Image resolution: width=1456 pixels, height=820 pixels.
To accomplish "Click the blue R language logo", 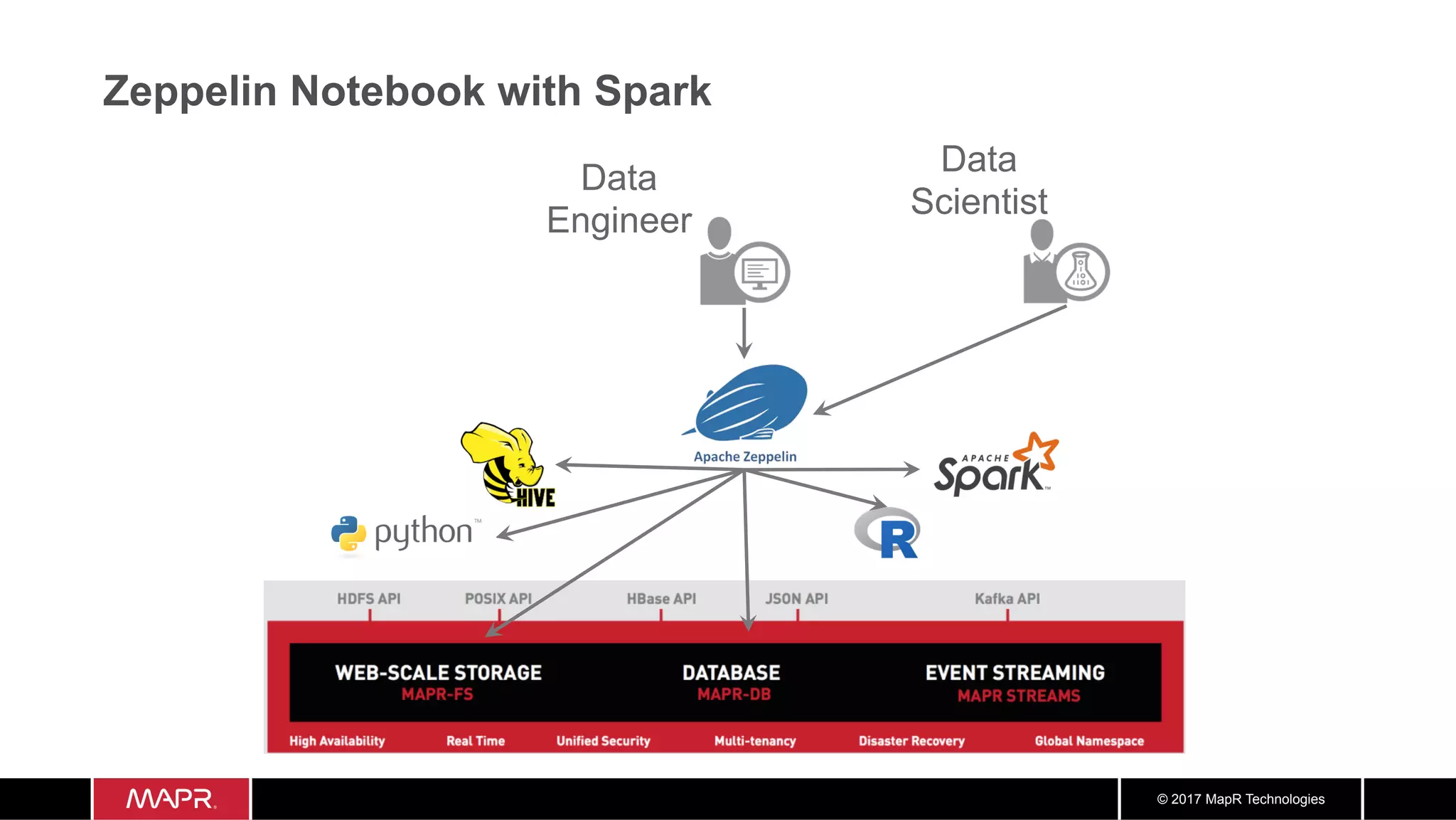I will (x=889, y=533).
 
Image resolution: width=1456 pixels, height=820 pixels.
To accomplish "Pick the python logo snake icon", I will (x=348, y=533).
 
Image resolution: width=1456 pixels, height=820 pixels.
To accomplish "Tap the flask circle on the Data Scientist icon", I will (x=1081, y=272).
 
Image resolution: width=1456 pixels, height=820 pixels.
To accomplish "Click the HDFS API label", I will (x=368, y=599).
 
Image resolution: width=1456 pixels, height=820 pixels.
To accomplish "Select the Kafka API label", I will (x=1007, y=599).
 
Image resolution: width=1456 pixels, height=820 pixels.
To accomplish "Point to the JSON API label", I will (x=796, y=599).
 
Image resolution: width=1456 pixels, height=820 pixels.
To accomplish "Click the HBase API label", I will (x=661, y=599).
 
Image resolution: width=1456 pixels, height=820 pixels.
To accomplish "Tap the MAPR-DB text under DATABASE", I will (x=734, y=695).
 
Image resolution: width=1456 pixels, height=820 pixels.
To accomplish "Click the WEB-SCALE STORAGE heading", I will (x=438, y=672).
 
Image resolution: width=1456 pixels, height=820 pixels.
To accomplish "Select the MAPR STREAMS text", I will (x=1018, y=696).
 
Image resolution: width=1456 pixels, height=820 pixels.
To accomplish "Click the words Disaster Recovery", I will (x=911, y=741).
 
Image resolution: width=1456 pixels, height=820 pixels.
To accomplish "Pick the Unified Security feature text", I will (x=603, y=741).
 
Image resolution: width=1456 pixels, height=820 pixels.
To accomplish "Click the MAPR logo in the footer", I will (x=171, y=799).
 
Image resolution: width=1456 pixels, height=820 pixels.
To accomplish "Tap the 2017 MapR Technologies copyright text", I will (x=1241, y=799).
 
